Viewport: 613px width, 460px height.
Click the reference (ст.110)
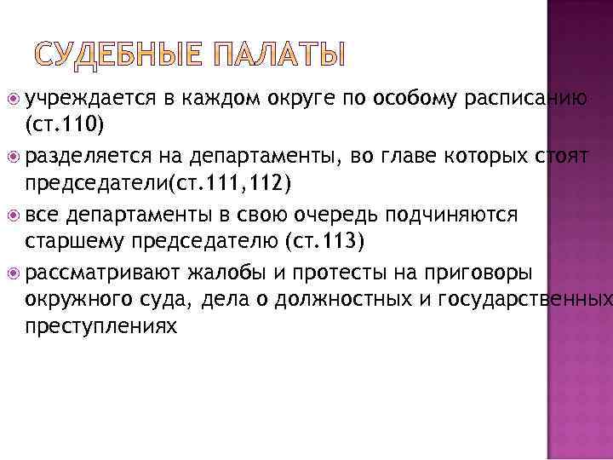pyautogui.click(x=65, y=125)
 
